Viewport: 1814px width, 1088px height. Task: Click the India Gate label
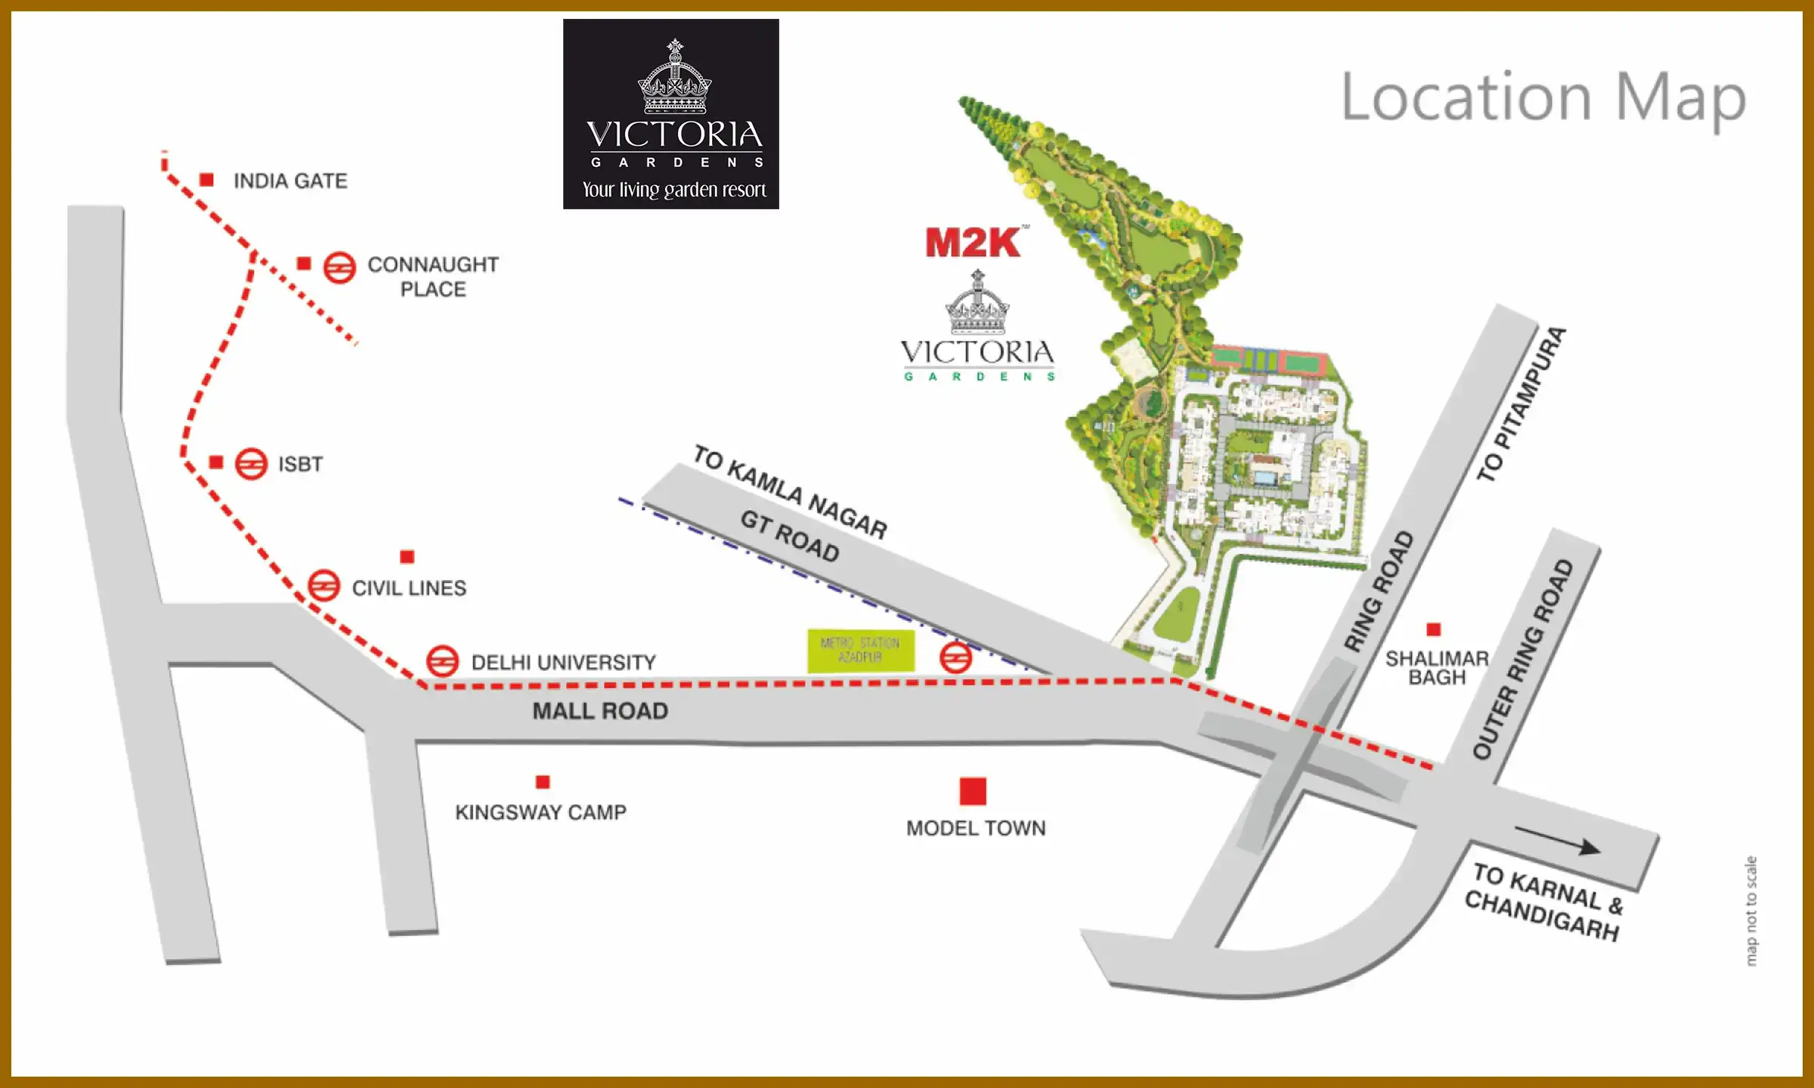coord(290,181)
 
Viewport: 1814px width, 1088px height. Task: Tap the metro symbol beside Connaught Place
coord(339,267)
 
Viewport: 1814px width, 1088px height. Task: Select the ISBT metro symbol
coord(251,464)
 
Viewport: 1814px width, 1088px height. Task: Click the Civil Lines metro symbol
coord(323,586)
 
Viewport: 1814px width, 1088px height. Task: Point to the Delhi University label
coord(563,663)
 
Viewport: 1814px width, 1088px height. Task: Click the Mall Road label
coord(600,711)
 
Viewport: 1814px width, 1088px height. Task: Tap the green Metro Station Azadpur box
coord(860,651)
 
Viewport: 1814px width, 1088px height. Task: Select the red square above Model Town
coord(973,791)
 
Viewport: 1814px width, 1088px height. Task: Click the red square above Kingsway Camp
coord(543,782)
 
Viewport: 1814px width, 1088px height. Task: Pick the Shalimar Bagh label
coord(1437,668)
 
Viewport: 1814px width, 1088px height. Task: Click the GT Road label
coord(790,536)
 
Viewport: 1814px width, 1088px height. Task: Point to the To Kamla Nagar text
coord(791,492)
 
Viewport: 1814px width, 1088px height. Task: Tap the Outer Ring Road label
coord(1523,659)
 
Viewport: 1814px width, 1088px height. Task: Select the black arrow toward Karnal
coord(1558,840)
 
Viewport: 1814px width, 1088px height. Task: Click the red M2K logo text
coord(974,243)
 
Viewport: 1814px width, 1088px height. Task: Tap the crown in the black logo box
coord(675,79)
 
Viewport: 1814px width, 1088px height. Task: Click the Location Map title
coord(1543,98)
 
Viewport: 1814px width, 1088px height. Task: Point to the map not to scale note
coord(1751,910)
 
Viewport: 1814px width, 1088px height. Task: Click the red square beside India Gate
coord(206,180)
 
